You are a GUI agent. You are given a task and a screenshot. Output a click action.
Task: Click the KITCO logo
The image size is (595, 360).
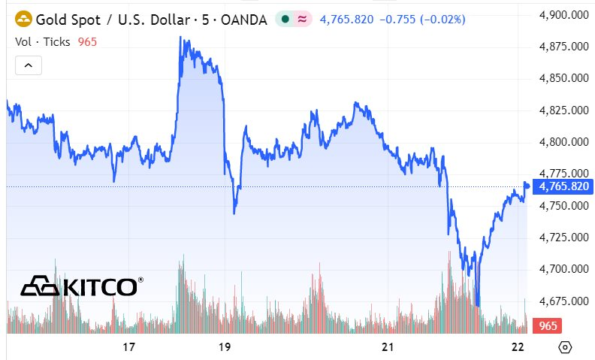(81, 286)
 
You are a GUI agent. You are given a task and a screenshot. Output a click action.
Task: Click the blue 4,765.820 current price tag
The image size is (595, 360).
(563, 186)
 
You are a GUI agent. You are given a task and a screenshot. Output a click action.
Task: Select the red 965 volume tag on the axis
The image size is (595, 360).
(548, 326)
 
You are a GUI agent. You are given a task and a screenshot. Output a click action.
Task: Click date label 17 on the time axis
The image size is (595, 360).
(128, 347)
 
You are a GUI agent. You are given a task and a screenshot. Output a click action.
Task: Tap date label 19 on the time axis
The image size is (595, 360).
(224, 347)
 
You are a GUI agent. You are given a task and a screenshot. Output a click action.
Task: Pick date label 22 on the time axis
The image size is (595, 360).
(517, 347)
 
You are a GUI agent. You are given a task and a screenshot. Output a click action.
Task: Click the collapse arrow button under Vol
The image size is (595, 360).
(29, 65)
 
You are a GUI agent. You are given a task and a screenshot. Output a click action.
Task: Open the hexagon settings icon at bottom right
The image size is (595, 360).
(566, 347)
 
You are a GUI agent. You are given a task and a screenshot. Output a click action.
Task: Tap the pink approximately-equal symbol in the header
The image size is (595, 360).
(302, 20)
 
